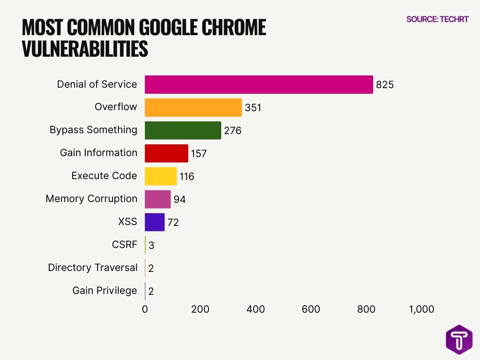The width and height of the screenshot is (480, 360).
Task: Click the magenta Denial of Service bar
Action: [259, 84]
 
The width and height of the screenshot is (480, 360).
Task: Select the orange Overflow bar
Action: [193, 107]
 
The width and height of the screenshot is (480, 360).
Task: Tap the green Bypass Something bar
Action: [183, 130]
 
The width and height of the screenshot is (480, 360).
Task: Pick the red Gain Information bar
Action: [166, 153]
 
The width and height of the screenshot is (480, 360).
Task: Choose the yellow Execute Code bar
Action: [161, 176]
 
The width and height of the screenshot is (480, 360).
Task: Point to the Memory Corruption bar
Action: [157, 199]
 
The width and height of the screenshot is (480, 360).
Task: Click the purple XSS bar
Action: [155, 222]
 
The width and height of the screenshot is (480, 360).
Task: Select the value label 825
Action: [385, 85]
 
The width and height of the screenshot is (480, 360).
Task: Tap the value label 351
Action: [253, 108]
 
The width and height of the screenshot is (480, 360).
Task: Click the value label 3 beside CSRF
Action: [151, 246]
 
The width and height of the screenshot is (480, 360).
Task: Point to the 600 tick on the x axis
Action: [311, 309]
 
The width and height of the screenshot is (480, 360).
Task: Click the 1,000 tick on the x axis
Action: [421, 309]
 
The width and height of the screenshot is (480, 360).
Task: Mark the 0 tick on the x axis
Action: [145, 309]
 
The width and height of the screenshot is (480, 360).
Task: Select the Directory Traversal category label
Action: [93, 268]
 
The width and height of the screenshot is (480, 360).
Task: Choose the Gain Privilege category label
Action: [105, 291]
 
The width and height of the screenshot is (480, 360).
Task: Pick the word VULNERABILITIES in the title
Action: [85, 49]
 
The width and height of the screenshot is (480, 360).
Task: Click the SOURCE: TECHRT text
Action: [437, 19]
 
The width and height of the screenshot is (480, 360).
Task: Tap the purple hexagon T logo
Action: [459, 339]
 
